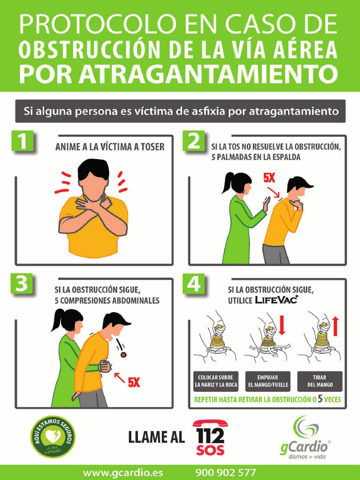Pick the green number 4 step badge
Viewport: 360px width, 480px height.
pos(193,284)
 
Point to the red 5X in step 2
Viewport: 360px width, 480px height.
pos(269,178)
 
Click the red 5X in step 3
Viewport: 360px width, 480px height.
pos(134,382)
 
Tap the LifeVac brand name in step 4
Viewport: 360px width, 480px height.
pos(277,300)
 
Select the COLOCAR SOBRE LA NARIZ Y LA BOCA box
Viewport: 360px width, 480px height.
pos(216,381)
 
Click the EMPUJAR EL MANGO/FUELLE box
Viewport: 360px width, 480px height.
pos(268,381)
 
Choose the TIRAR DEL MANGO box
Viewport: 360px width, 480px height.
pos(320,381)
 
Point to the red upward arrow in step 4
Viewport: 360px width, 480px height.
pos(335,325)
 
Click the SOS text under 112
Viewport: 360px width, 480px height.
pos(210,450)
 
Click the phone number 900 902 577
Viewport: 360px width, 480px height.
pos(226,472)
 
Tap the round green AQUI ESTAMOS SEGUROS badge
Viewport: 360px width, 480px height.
pos(53,436)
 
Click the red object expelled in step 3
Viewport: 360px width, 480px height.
pos(123,354)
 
